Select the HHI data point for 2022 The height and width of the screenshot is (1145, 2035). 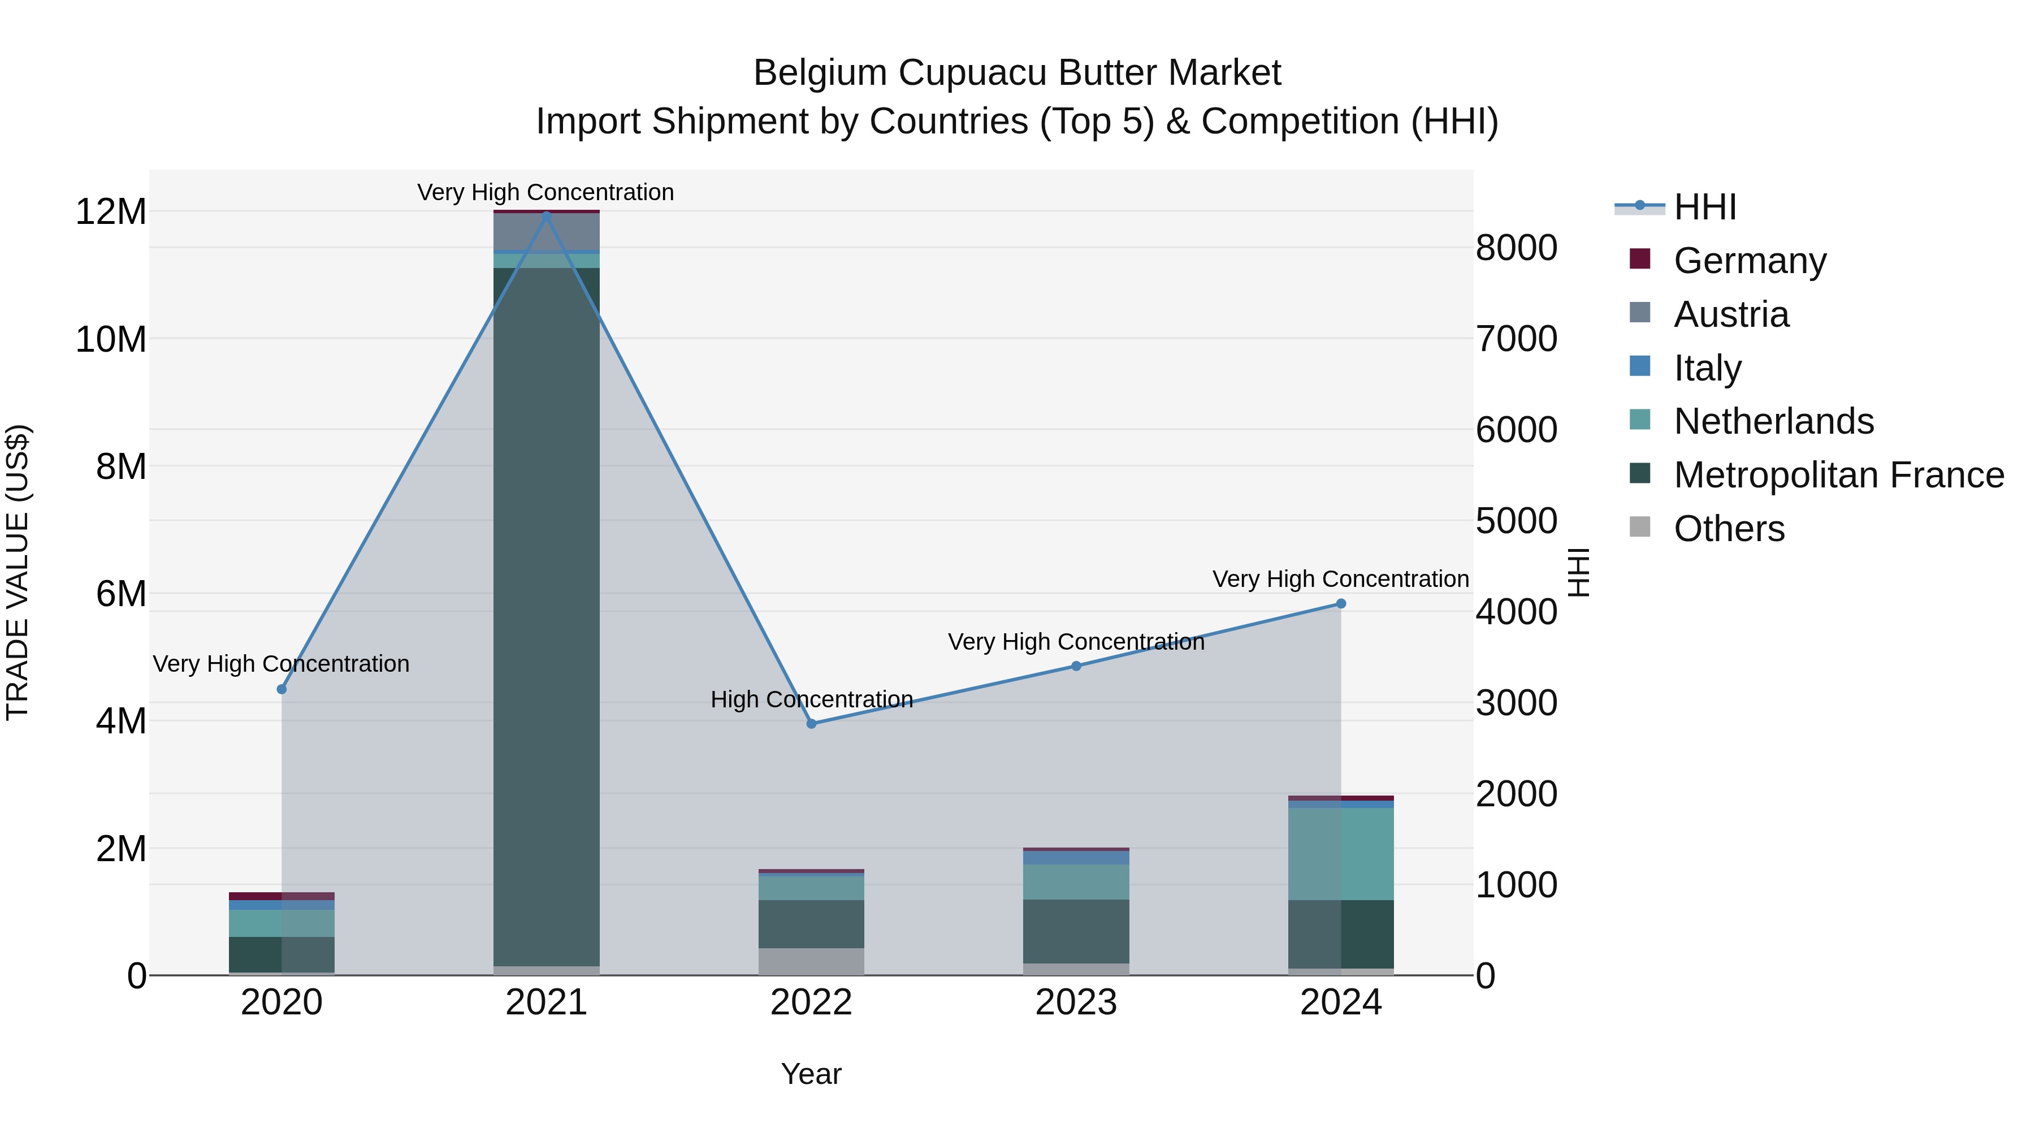811,724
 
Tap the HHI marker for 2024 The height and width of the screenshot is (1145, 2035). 1341,604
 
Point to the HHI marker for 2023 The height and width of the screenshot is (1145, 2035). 1076,666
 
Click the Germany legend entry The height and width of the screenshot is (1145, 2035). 1749,261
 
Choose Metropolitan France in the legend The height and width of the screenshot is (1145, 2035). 1838,475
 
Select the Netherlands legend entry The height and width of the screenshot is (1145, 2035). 1773,421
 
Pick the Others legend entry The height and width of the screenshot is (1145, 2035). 1729,529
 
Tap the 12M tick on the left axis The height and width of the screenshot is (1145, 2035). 111,212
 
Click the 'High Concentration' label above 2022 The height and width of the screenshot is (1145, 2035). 811,699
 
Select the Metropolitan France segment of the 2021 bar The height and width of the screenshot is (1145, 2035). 546,616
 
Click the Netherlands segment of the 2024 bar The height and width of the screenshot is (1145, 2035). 1341,853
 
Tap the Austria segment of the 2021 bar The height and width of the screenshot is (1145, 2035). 546,231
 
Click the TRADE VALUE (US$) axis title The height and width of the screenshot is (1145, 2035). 18,572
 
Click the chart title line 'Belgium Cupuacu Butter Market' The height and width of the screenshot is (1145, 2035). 1017,73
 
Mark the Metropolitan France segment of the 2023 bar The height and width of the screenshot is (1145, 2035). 1076,931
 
